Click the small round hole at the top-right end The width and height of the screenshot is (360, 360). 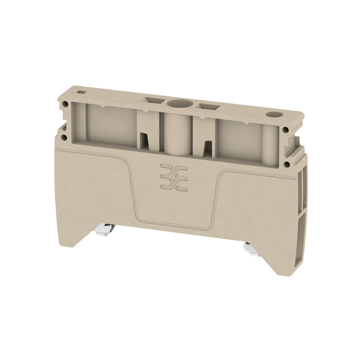click(273, 114)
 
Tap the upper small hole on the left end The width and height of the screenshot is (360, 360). click(66, 105)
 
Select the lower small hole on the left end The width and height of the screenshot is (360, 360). click(66, 134)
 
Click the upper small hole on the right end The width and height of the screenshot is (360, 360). click(286, 130)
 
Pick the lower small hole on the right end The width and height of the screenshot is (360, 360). click(286, 156)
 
